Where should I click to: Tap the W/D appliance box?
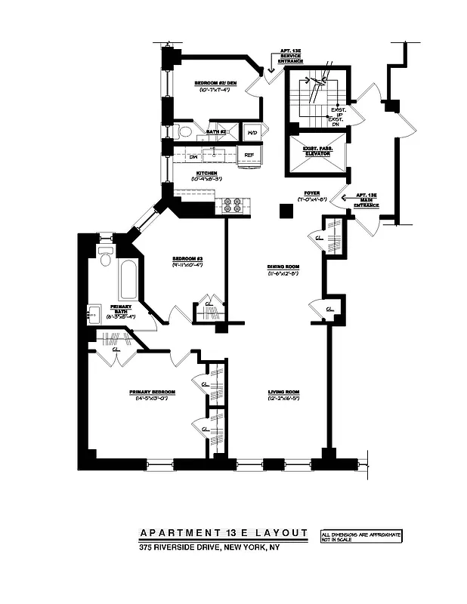pyautogui.click(x=252, y=132)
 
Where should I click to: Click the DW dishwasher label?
pyautogui.click(x=193, y=156)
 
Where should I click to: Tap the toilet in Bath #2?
pyautogui.click(x=184, y=131)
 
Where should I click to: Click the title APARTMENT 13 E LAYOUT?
pyautogui.click(x=224, y=533)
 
